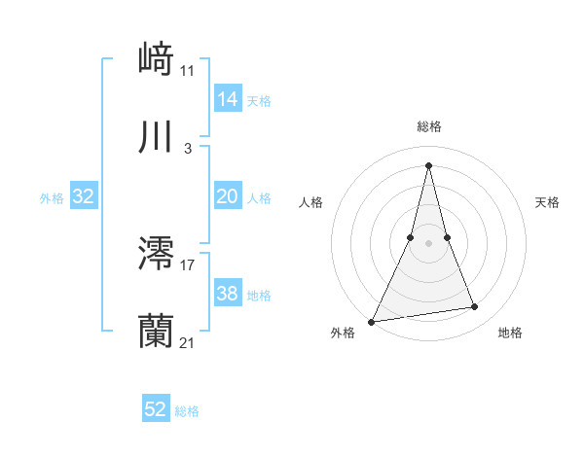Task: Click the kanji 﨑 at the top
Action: [157, 58]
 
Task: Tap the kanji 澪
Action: [157, 254]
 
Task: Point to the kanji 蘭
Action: [157, 332]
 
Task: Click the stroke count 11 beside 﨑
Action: [188, 70]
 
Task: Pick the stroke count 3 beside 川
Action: [188, 148]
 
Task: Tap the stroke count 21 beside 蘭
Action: [188, 342]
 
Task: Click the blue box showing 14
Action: [227, 98]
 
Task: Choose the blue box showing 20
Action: [227, 196]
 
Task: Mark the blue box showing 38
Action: [227, 294]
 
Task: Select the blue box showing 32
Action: [84, 196]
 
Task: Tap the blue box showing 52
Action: [156, 410]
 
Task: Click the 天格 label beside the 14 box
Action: [259, 100]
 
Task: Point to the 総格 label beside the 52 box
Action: [187, 411]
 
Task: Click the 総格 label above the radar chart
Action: [428, 126]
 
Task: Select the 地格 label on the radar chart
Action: [510, 333]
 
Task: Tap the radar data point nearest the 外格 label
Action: [372, 321]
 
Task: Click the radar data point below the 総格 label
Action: [428, 164]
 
